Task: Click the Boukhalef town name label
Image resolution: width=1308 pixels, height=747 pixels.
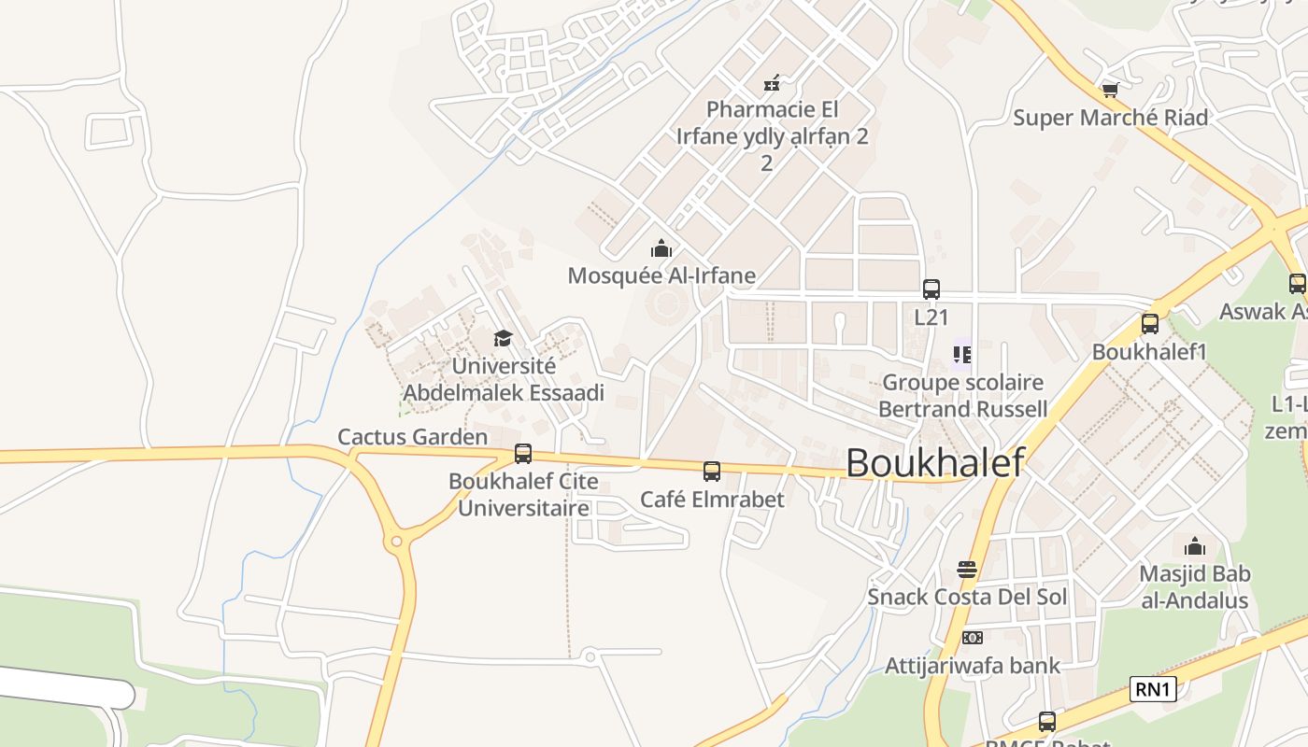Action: click(934, 462)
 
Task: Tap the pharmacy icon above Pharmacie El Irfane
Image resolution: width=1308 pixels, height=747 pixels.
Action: click(772, 83)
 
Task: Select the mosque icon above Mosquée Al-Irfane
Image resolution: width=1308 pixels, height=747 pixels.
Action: click(661, 248)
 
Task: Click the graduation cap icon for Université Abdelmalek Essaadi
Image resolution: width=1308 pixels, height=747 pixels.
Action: click(504, 338)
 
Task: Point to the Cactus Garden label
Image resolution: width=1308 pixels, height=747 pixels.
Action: click(412, 437)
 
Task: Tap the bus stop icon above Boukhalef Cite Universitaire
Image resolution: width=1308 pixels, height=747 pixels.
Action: click(523, 454)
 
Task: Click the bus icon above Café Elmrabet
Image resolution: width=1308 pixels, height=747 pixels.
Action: click(712, 472)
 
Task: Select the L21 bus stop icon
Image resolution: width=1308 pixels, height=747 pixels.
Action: click(931, 289)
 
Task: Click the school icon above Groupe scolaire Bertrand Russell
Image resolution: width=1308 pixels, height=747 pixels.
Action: click(962, 354)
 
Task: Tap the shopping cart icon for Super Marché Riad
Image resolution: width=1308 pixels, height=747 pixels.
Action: click(1110, 90)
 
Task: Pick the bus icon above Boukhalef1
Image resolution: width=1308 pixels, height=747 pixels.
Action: click(1150, 324)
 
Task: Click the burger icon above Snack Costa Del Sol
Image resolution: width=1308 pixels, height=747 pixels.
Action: click(967, 570)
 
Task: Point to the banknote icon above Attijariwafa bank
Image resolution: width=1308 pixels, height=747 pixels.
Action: click(973, 638)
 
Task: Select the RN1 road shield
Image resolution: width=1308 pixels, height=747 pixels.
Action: click(1153, 690)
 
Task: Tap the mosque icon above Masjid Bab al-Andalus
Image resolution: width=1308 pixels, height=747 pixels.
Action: click(1195, 546)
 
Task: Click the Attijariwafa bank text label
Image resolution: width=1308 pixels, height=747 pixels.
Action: click(973, 666)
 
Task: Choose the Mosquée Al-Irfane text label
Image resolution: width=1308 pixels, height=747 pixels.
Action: click(661, 275)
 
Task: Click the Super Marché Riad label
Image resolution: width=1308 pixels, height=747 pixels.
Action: click(1111, 118)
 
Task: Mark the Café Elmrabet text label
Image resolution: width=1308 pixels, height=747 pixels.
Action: click(712, 500)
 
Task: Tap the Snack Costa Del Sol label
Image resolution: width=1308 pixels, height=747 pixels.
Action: click(967, 597)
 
